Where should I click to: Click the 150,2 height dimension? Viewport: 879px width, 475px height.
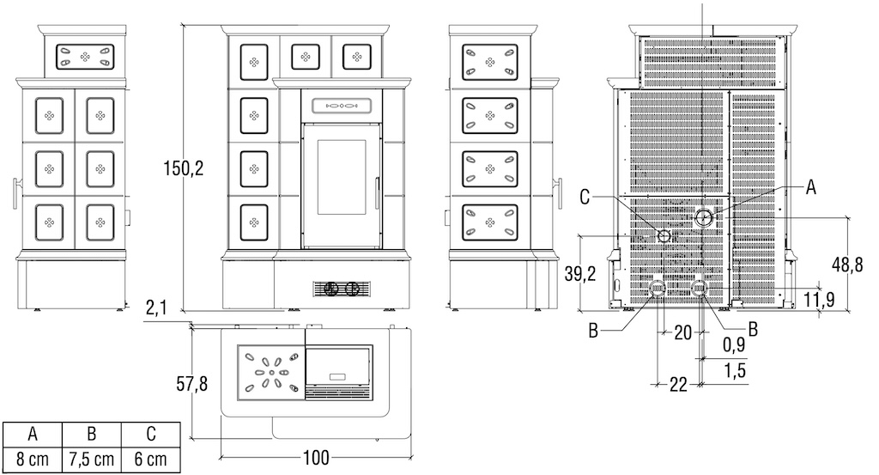[x=184, y=167]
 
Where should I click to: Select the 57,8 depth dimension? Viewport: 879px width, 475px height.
[x=191, y=384]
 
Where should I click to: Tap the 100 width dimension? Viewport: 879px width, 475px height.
[x=316, y=458]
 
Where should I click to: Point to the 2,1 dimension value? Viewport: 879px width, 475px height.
[x=156, y=308]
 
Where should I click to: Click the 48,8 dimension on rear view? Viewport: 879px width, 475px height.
[x=847, y=265]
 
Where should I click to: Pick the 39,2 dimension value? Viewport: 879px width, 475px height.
[x=580, y=274]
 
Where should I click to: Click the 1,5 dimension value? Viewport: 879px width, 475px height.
[x=735, y=370]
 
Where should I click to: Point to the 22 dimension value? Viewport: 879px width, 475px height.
[x=678, y=385]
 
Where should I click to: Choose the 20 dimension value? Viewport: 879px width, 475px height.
[x=682, y=332]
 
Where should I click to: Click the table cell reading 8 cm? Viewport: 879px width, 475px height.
[x=33, y=460]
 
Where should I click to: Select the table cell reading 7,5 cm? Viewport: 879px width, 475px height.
[x=91, y=460]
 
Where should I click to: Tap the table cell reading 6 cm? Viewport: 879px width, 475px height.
[x=151, y=460]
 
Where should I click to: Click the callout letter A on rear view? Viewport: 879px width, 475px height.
[x=810, y=188]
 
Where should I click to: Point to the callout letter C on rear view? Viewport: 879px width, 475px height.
[x=585, y=197]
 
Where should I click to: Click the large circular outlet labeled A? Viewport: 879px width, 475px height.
[x=704, y=217]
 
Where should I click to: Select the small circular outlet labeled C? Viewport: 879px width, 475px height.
[x=664, y=236]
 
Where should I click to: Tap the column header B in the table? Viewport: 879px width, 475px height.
[x=91, y=434]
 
